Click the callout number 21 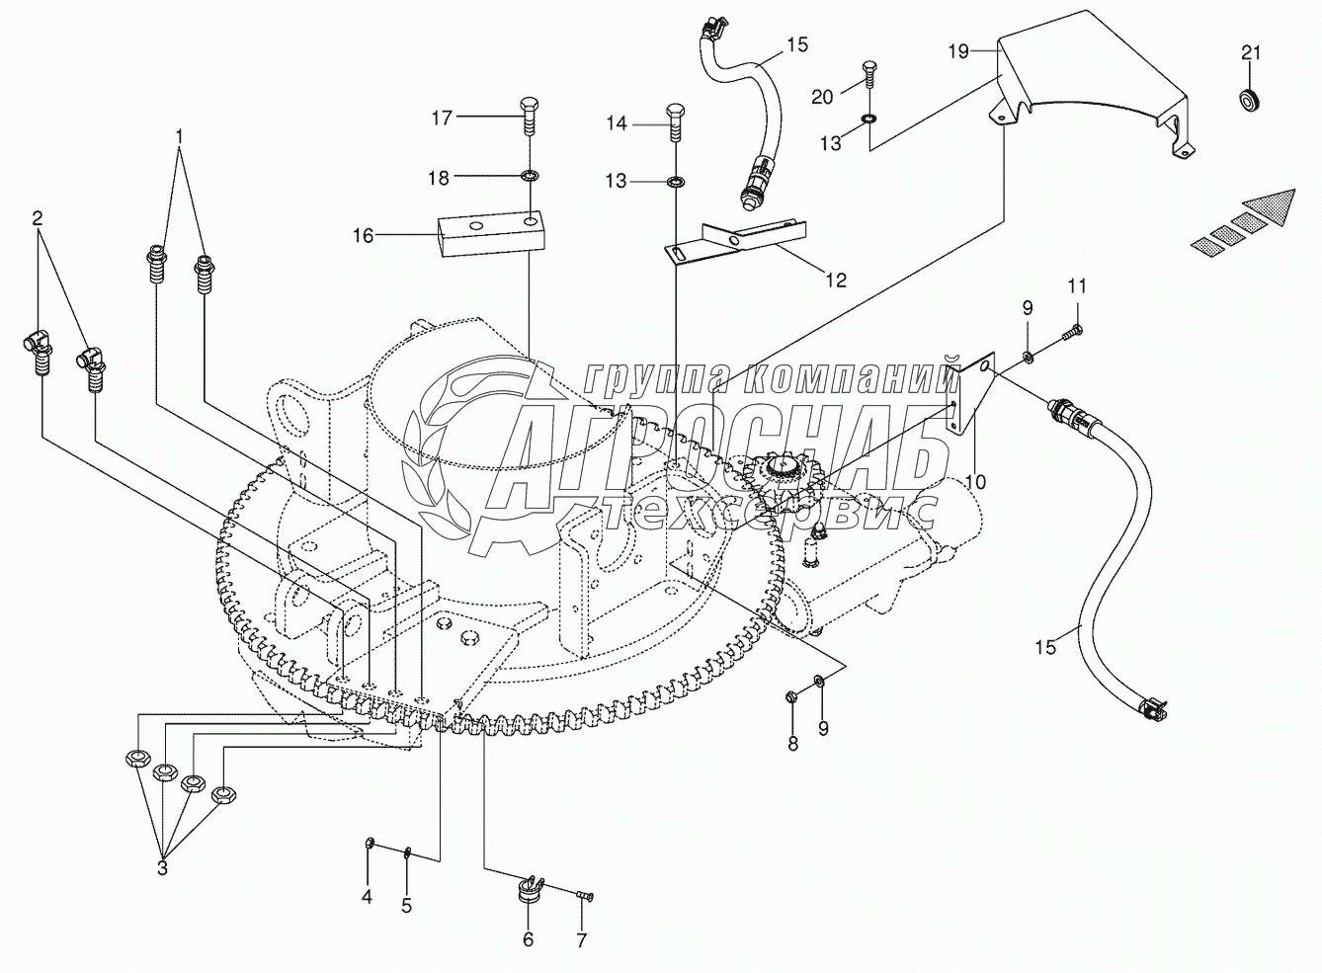pyautogui.click(x=1251, y=53)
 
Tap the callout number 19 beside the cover pyautogui.click(x=959, y=52)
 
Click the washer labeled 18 pyautogui.click(x=529, y=175)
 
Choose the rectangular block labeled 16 pyautogui.click(x=491, y=234)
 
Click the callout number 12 pyautogui.click(x=836, y=280)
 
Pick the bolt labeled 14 pyautogui.click(x=675, y=122)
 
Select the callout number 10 pyautogui.click(x=975, y=481)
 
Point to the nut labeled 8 pyautogui.click(x=792, y=696)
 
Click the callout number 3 pyautogui.click(x=162, y=869)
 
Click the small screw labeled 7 pyautogui.click(x=583, y=913)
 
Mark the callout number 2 pyautogui.click(x=38, y=219)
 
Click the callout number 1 pyautogui.click(x=180, y=137)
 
